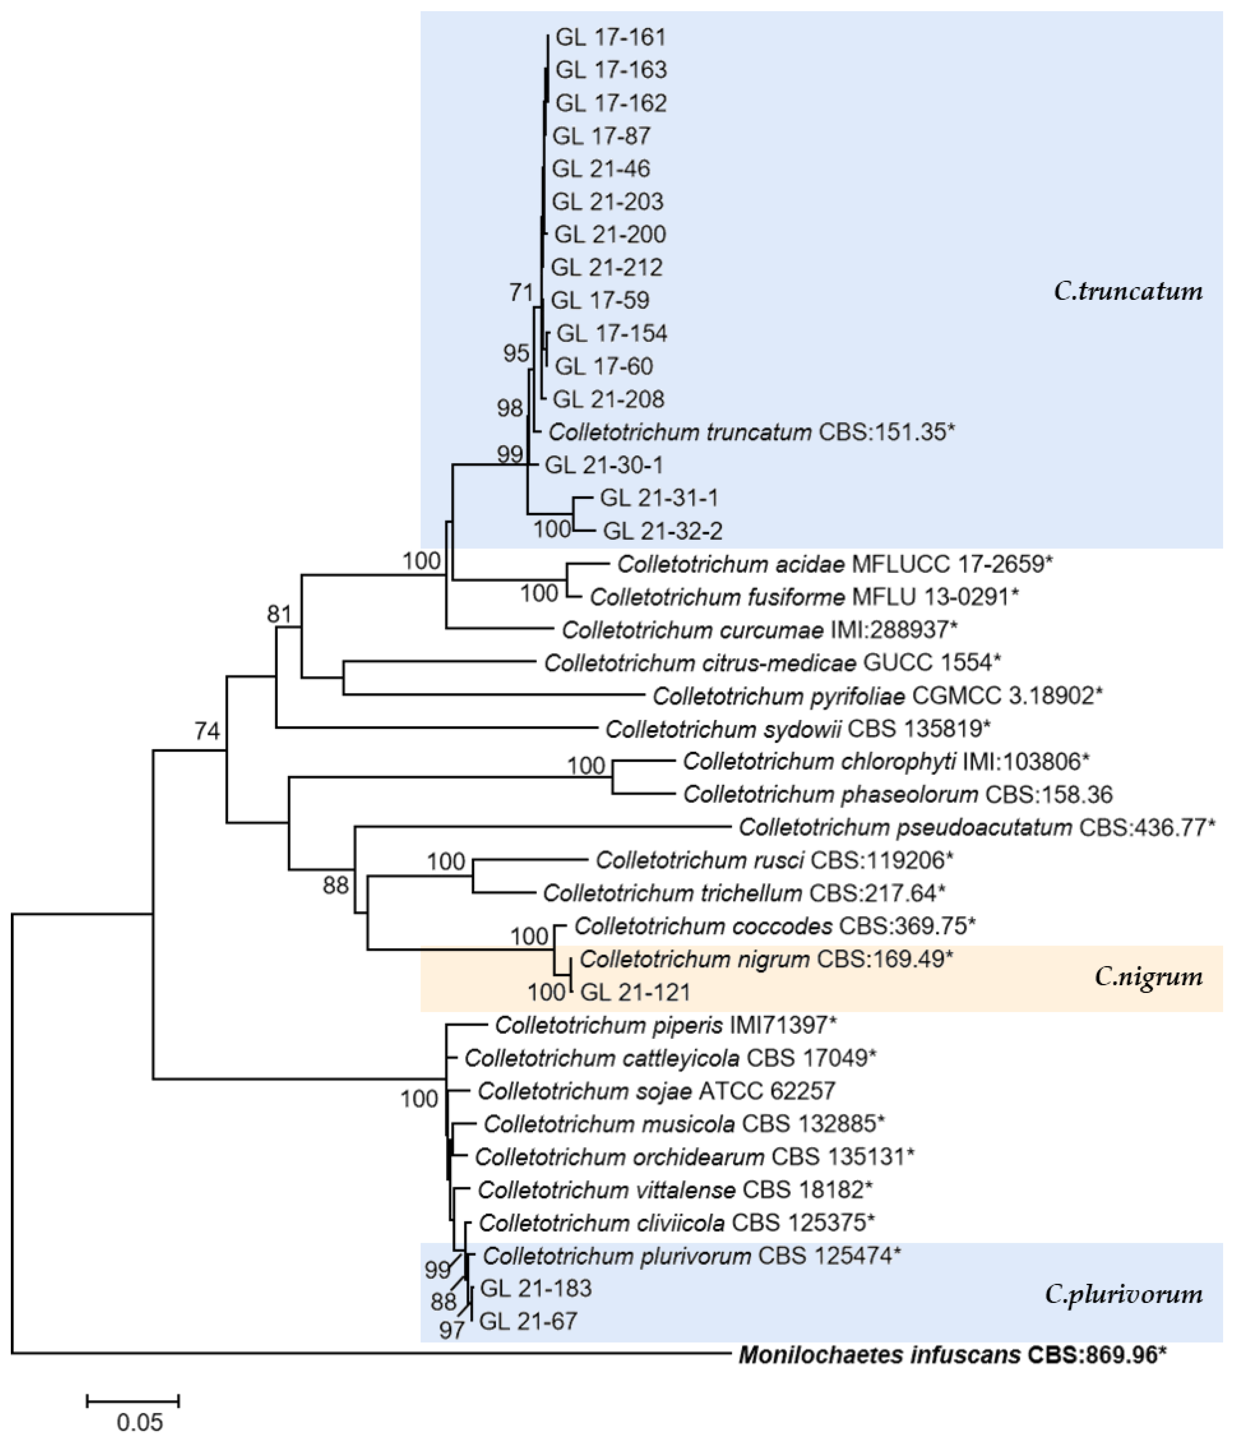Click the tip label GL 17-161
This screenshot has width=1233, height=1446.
[x=611, y=37]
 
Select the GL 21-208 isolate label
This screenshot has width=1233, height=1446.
[x=608, y=399]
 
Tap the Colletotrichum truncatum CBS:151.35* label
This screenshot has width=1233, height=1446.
[x=751, y=432]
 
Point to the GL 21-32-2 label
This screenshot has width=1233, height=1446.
[x=662, y=531]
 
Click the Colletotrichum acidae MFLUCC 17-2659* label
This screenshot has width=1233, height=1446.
[x=834, y=564]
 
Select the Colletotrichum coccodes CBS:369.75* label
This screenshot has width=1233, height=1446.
[x=774, y=926]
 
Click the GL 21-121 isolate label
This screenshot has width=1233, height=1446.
[x=635, y=992]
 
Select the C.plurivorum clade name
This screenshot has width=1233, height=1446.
[x=1123, y=1295]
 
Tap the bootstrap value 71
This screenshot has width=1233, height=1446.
[x=521, y=292]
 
